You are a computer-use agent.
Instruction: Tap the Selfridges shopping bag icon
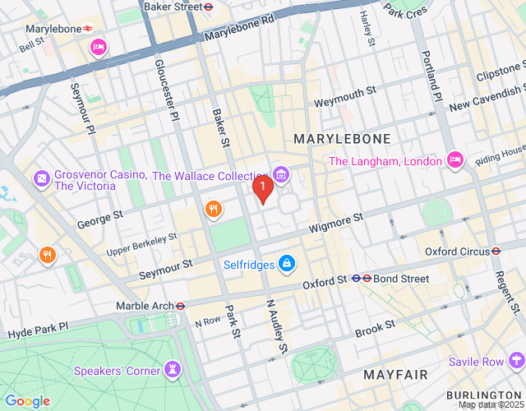286,265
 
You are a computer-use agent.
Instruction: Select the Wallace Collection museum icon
281,175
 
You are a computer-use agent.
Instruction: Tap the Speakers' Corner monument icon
173,369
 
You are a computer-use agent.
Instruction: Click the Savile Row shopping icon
516,361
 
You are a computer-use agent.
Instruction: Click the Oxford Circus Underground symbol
496,251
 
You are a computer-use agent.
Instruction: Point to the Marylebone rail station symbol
87,29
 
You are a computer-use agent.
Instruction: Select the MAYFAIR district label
397,375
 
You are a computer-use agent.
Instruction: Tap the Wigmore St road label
335,222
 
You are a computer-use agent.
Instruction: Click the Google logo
27,400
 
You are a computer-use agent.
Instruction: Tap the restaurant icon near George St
213,210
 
